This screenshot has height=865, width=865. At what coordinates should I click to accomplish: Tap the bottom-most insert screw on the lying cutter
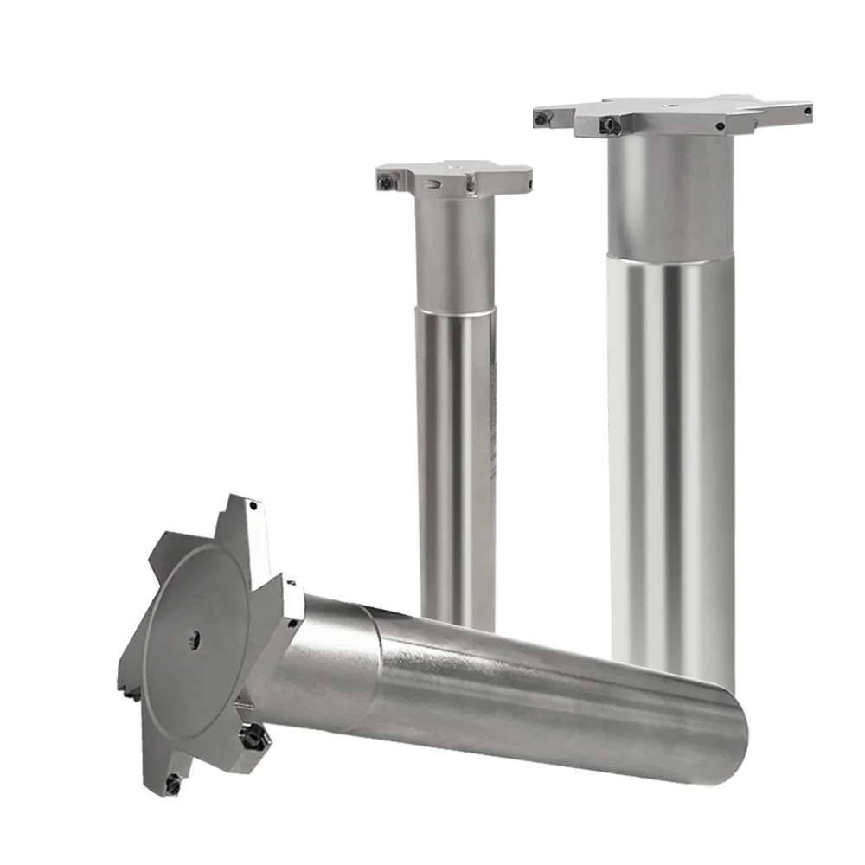pos(174,784)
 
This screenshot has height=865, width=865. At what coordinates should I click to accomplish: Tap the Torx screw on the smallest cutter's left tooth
pos(386,181)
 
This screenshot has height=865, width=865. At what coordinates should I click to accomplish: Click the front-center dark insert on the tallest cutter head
pos(609,126)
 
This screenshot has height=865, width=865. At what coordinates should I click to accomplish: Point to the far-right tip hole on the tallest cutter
pos(806,111)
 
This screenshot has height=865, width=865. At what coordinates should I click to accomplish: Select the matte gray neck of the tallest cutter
pos(671,195)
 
